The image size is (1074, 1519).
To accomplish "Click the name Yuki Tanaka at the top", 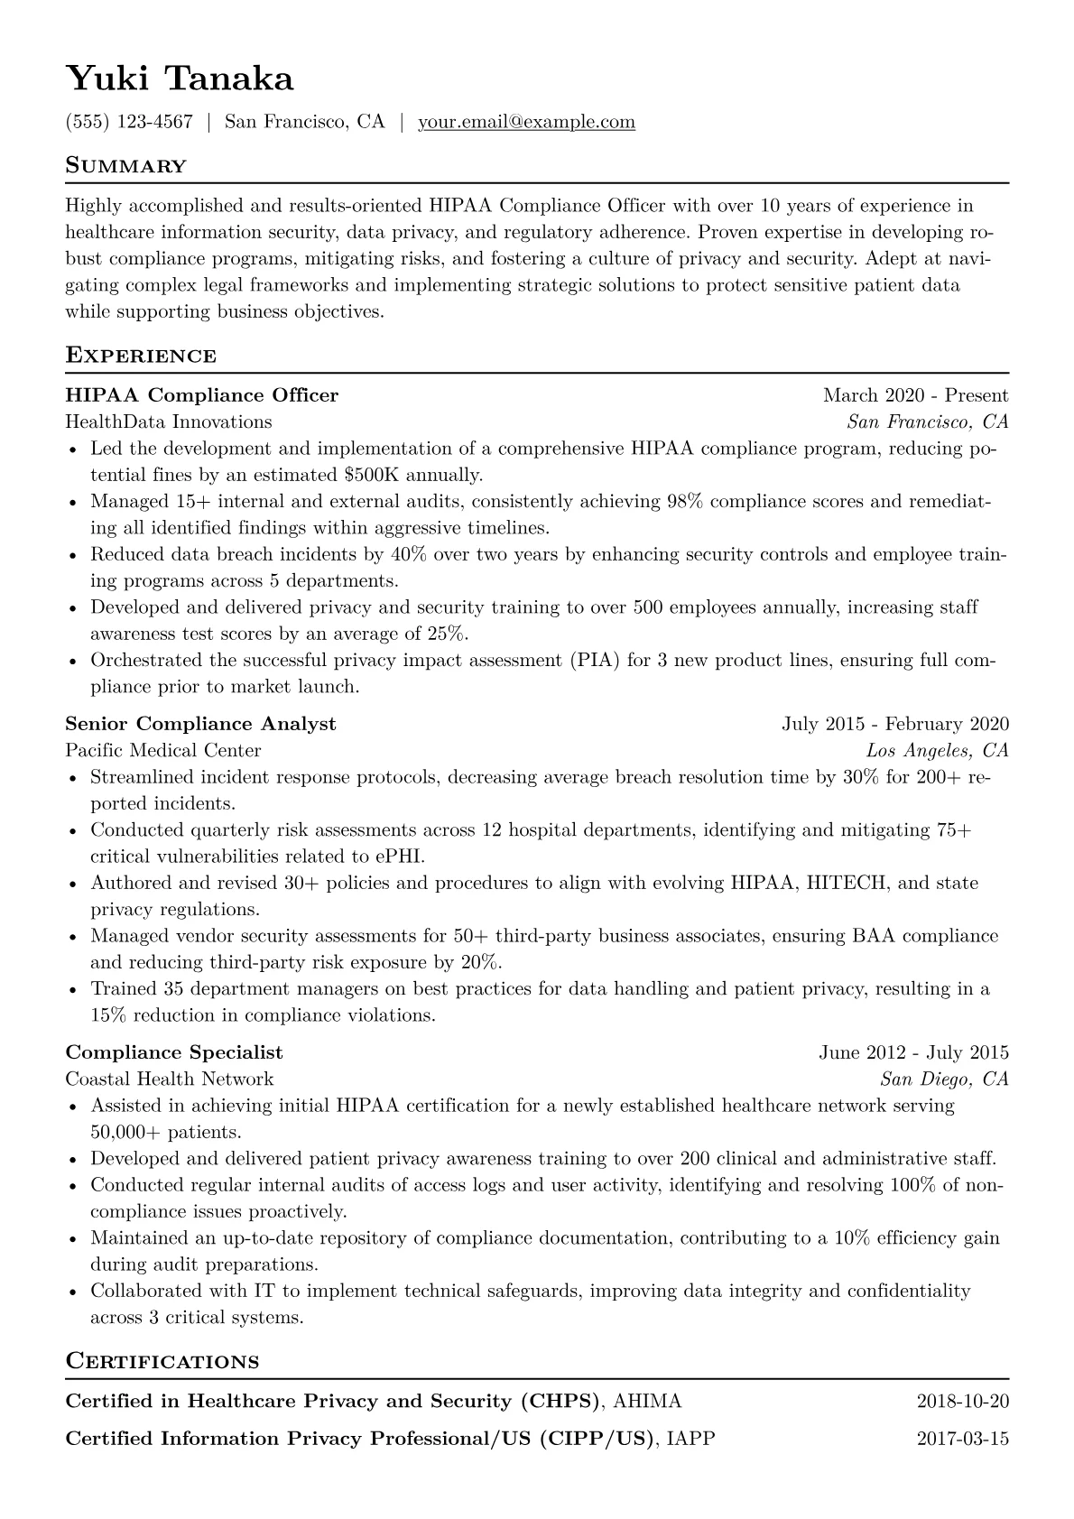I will (x=180, y=79).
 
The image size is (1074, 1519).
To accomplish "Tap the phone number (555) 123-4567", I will (x=129, y=122).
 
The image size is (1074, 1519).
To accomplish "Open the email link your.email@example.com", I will (x=526, y=122).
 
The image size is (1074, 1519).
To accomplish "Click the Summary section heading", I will (x=126, y=166).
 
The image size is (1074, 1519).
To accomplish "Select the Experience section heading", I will (x=141, y=356).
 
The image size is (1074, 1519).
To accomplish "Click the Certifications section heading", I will (x=162, y=1361).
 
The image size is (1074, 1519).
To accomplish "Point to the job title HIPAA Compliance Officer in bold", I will (x=202, y=395).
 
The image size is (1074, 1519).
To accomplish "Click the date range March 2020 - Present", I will (x=915, y=395).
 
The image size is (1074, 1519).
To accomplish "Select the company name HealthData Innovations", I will (x=169, y=421).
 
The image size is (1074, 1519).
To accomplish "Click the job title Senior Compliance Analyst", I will (x=200, y=724).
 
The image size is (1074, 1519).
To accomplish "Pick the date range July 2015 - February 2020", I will (x=895, y=724).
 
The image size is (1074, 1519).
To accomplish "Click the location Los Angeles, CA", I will (x=937, y=750).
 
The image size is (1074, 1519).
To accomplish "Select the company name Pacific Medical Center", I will (x=163, y=750).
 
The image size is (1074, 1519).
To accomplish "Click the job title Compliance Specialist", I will (x=174, y=1052).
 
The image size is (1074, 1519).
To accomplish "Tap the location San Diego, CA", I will (x=944, y=1079).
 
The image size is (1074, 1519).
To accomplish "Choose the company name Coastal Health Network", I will (x=170, y=1079).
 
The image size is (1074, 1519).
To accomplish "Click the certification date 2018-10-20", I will (x=962, y=1402).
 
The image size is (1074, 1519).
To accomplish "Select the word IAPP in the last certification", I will (x=689, y=1439).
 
